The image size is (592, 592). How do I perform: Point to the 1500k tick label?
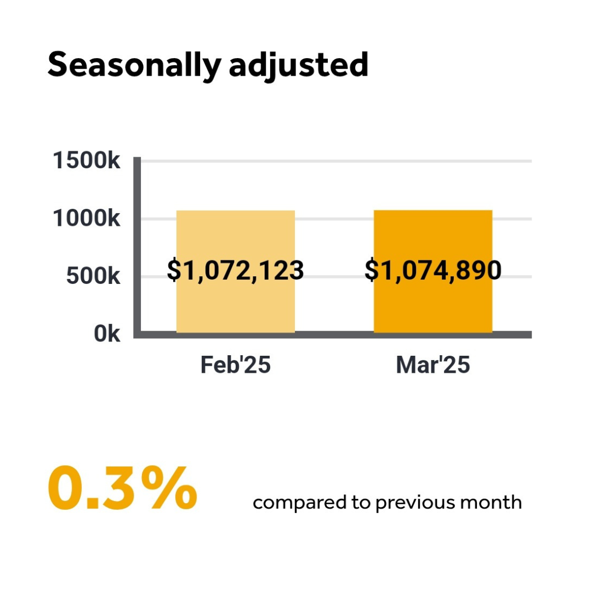click(x=86, y=161)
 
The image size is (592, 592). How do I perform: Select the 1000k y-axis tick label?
click(x=86, y=219)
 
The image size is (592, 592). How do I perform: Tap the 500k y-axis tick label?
click(x=93, y=276)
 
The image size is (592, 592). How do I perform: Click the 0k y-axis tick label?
click(x=107, y=334)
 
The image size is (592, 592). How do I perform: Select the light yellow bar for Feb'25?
click(x=236, y=236)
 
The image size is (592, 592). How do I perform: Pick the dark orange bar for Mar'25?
click(x=433, y=236)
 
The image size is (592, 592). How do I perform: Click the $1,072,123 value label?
click(x=236, y=271)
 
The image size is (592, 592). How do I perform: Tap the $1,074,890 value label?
click(x=433, y=271)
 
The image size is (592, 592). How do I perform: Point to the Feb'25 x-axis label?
click(x=236, y=365)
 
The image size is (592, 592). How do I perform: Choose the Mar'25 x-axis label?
click(x=433, y=365)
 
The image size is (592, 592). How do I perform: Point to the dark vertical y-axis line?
click(x=138, y=247)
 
